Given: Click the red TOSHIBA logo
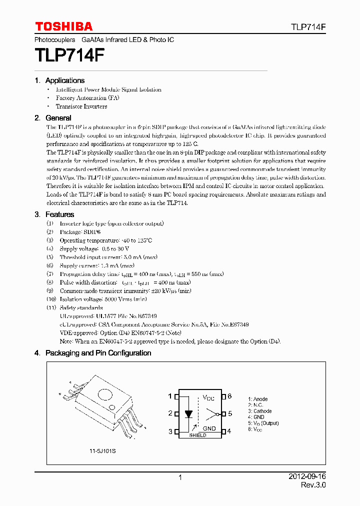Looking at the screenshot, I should pyautogui.click(x=63, y=26).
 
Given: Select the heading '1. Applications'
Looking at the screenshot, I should pyautogui.click(x=59, y=80).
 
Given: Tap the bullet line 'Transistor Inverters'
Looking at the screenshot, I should pyautogui.click(x=81, y=106).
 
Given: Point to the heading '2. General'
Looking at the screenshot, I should pyautogui.click(x=52, y=118).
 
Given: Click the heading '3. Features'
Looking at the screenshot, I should pyautogui.click(x=54, y=214).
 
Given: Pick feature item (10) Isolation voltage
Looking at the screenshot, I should pyautogui.click(x=96, y=299).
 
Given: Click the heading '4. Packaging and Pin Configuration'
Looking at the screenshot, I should pyautogui.click(x=92, y=353).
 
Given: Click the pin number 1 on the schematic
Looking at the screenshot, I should pyautogui.click(x=170, y=396).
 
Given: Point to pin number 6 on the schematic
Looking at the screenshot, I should pyautogui.click(x=229, y=396).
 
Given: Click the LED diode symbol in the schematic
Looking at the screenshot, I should pyautogui.click(x=188, y=414).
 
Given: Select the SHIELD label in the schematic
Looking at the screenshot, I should pyautogui.click(x=197, y=435).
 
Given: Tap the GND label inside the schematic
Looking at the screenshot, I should pyautogui.click(x=209, y=428).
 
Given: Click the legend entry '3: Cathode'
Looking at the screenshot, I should pyautogui.click(x=260, y=411).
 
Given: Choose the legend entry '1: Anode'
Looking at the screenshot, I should pyautogui.click(x=257, y=399).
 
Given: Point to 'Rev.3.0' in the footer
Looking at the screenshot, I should pyautogui.click(x=313, y=485).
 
